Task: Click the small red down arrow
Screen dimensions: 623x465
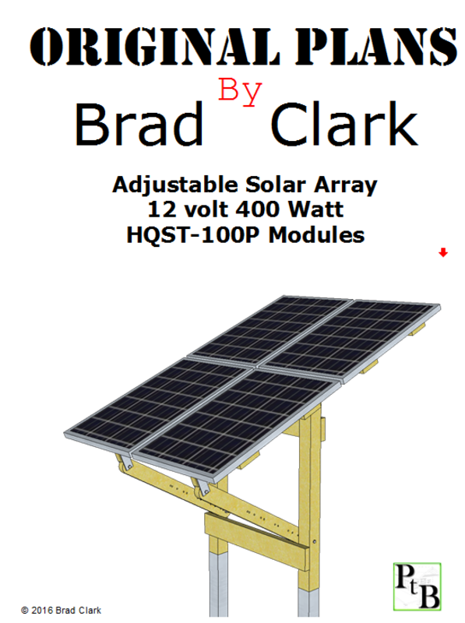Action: [443, 252]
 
